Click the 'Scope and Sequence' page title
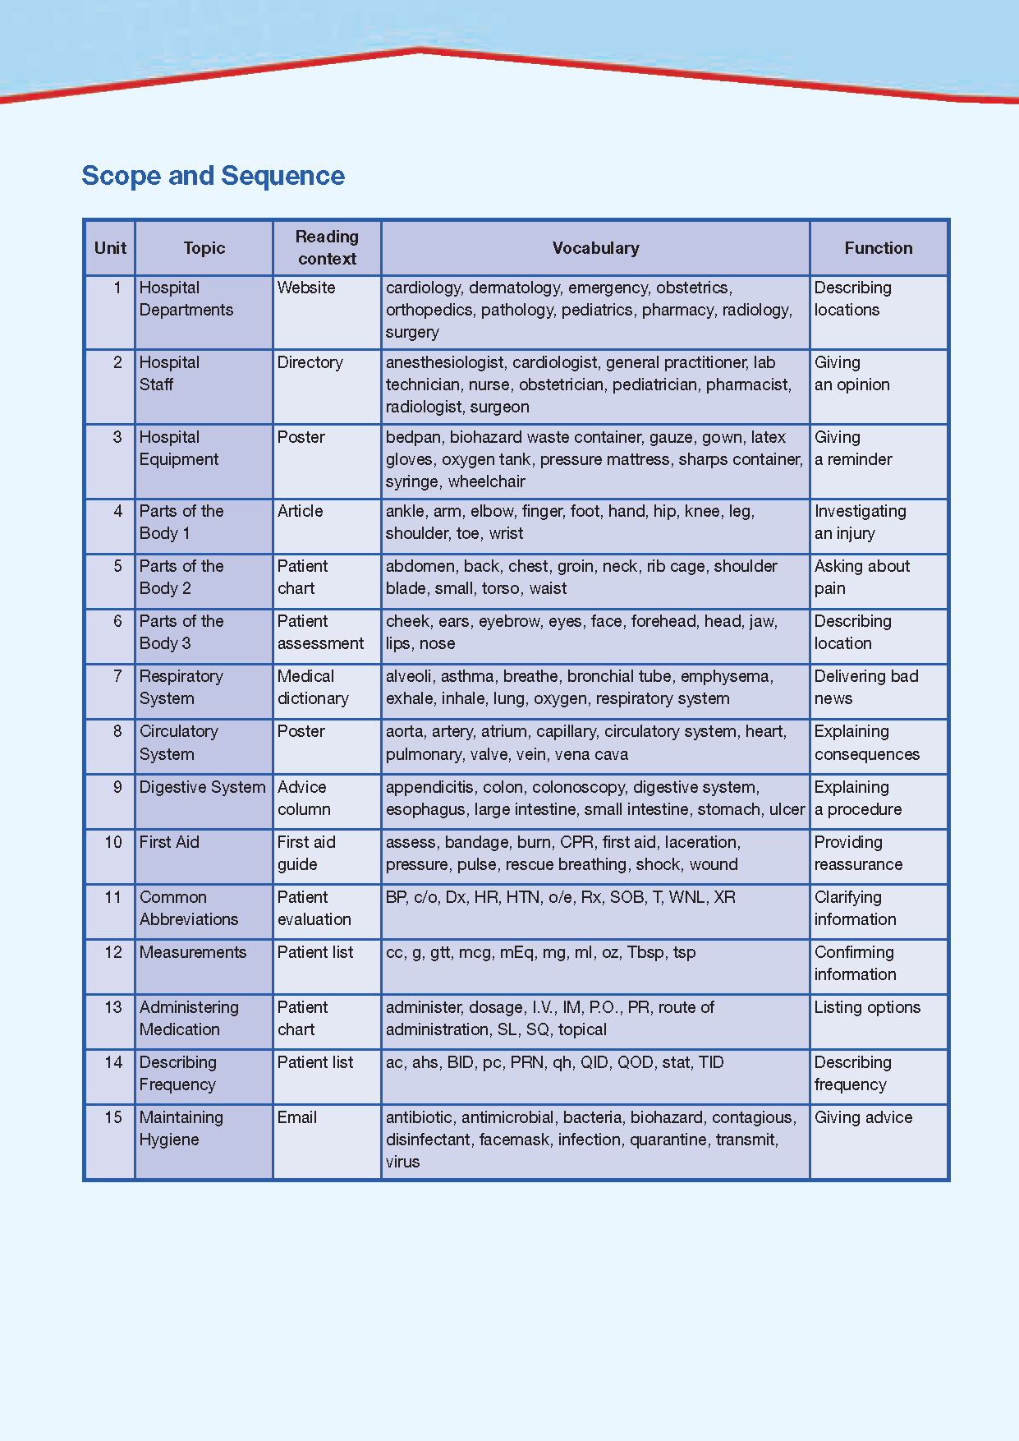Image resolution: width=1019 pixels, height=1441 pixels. click(x=213, y=176)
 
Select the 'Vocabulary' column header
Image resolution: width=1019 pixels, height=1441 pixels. click(x=595, y=248)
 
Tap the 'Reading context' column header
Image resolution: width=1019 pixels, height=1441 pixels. click(x=327, y=247)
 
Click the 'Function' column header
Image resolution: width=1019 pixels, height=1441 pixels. click(x=878, y=248)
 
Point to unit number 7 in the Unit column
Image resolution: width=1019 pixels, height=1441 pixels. click(x=117, y=676)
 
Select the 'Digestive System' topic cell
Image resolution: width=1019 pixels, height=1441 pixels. click(x=202, y=787)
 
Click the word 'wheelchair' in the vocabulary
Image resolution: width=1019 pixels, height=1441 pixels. click(x=487, y=481)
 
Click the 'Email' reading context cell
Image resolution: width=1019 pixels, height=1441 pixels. click(x=297, y=1117)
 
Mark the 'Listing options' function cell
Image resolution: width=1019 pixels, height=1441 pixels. click(x=867, y=1007)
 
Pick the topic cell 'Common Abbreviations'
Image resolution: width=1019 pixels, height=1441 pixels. click(x=189, y=908)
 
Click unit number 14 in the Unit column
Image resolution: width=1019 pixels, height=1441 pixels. click(x=113, y=1062)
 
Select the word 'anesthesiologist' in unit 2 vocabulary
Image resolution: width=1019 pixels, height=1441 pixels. click(x=444, y=362)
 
